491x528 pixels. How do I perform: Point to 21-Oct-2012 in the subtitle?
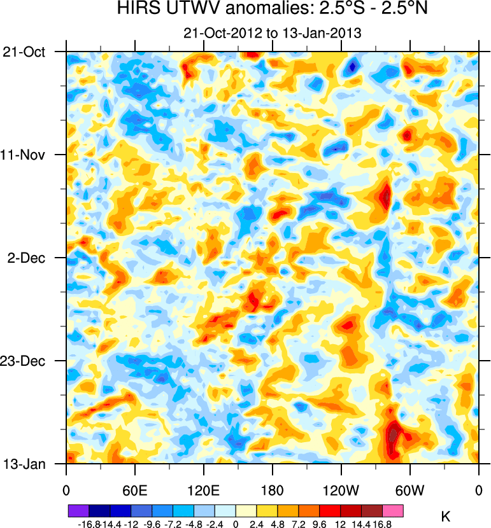pyautogui.click(x=221, y=33)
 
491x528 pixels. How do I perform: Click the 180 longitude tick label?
pyautogui.click(x=273, y=490)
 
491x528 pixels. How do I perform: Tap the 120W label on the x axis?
pyautogui.click(x=341, y=490)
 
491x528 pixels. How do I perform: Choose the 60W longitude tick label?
pyautogui.click(x=409, y=490)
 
